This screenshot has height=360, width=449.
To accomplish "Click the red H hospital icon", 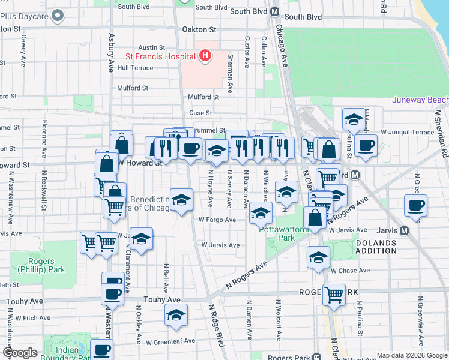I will click(x=205, y=56).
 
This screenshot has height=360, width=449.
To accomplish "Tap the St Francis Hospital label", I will click(x=160, y=56).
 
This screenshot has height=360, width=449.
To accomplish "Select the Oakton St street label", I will click(x=200, y=29).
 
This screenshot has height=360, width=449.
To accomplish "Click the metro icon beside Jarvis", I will click(x=404, y=230).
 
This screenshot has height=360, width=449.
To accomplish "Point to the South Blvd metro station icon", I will click(x=274, y=11).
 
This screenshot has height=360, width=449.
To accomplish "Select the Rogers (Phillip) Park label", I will click(x=49, y=266).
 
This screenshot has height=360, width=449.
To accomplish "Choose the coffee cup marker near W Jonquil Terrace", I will click(x=365, y=145).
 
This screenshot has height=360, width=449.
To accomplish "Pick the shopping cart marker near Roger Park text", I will click(x=334, y=293).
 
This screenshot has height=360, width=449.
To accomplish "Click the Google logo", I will click(x=20, y=352).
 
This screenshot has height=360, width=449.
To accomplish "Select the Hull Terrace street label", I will click(x=135, y=68).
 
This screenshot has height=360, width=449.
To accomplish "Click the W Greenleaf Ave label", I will click(x=171, y=341).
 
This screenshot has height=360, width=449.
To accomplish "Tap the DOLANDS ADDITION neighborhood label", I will click(x=376, y=247).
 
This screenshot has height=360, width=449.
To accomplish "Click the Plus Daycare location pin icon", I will click(x=58, y=16).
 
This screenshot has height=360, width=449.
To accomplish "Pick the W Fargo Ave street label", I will click(x=217, y=220).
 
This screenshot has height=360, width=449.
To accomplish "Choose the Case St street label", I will click(x=200, y=113).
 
